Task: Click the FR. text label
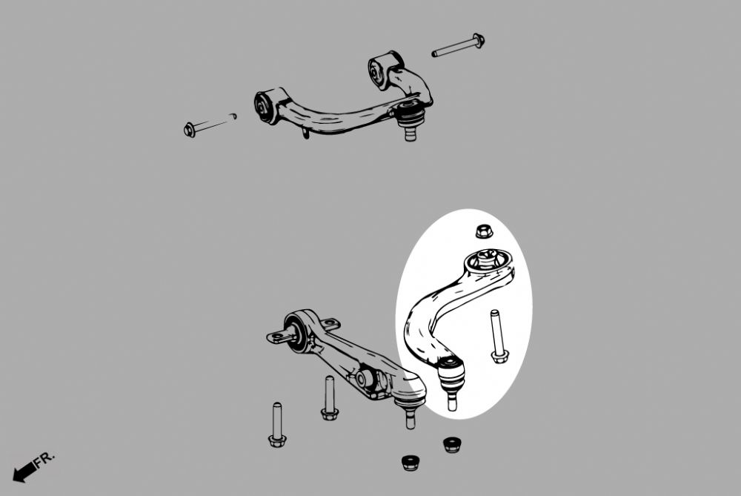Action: [x=44, y=459]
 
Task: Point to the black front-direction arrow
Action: [x=24, y=472]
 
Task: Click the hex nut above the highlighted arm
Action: [x=484, y=231]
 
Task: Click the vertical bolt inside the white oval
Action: [x=496, y=336]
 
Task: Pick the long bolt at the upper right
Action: [x=459, y=46]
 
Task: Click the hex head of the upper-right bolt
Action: [x=478, y=40]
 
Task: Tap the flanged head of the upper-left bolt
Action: [x=190, y=130]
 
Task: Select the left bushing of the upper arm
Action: [x=265, y=106]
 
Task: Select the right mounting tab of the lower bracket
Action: [x=330, y=324]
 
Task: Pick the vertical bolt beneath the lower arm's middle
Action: [x=330, y=397]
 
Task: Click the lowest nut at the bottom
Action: [x=411, y=463]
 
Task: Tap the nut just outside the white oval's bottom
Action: [x=452, y=445]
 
